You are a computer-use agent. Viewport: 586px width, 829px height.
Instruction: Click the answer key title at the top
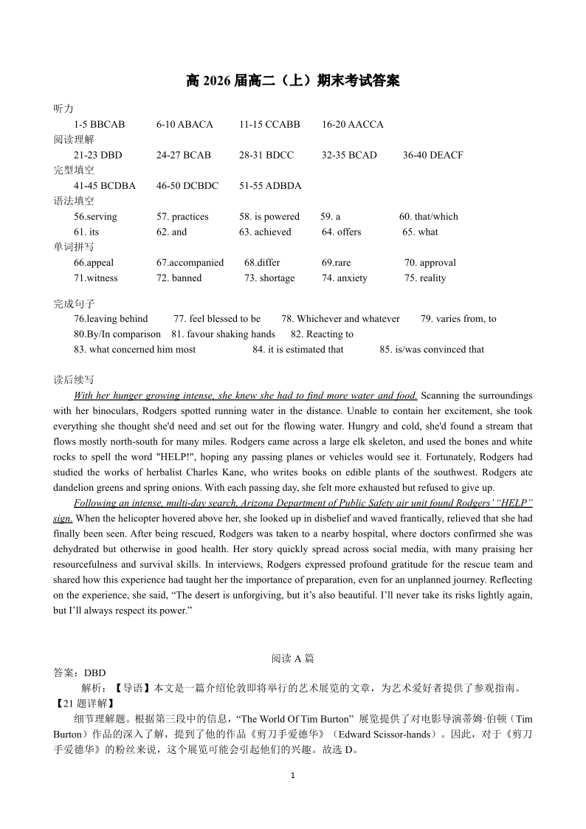coord(293,81)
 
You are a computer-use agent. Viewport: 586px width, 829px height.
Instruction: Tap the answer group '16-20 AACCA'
coord(352,124)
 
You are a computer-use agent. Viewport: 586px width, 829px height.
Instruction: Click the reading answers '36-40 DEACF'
coord(432,155)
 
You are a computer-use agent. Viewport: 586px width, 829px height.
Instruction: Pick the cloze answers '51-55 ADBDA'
coord(270,185)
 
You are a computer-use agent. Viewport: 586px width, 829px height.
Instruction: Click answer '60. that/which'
coord(428,216)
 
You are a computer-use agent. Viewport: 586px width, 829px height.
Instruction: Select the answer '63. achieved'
coord(265,232)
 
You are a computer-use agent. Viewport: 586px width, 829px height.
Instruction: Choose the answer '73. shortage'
coord(269,278)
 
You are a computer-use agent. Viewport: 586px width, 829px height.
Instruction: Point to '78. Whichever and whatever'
coord(340,319)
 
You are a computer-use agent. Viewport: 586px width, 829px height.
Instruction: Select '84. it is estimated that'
coord(297,349)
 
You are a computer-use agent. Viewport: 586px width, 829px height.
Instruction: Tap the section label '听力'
coord(63,109)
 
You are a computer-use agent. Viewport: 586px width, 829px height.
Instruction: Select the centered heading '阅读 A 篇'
coord(293,658)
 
